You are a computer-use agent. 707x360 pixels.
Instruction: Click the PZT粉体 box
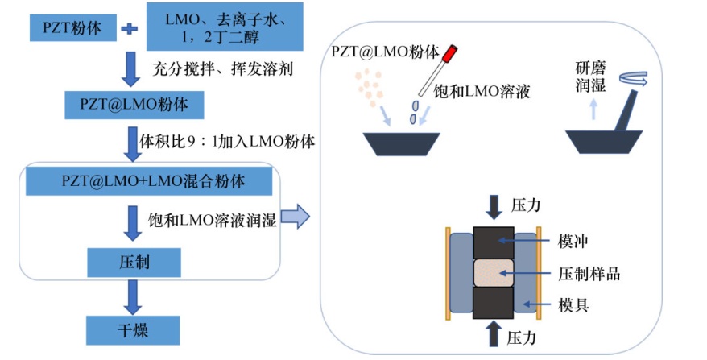coord(72,28)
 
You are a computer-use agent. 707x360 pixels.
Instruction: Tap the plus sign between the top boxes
coord(127,29)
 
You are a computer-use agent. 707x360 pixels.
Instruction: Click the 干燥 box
coord(133,329)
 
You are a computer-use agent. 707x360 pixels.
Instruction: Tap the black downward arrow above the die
coord(493,207)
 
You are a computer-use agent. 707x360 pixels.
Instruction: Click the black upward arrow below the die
coord(493,332)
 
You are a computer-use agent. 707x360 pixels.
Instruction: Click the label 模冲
coord(575,241)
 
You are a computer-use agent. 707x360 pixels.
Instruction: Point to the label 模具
coord(575,304)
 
